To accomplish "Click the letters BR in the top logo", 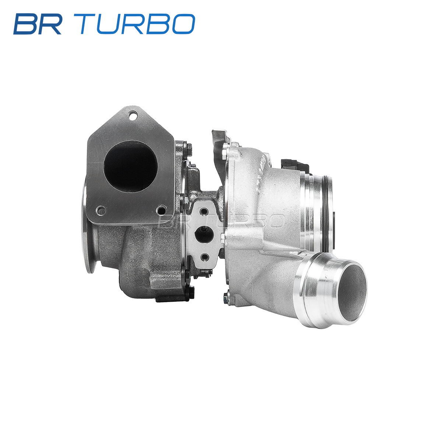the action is tap(37, 24).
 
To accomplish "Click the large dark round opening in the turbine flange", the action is tap(130, 166).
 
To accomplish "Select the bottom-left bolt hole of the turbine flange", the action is tap(101, 210).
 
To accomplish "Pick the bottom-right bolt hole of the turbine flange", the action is tap(161, 210).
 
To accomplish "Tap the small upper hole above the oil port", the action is tap(204, 212).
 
